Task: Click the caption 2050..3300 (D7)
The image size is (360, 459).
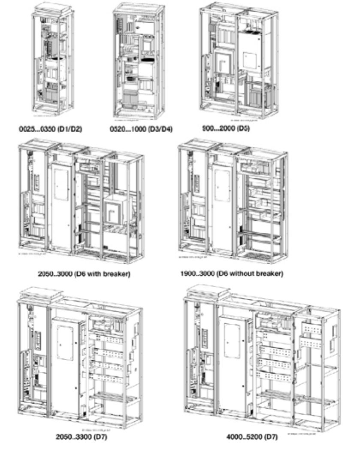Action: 79,437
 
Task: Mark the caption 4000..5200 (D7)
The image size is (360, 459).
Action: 253,437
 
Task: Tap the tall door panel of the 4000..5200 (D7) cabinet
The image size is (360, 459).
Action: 233,361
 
